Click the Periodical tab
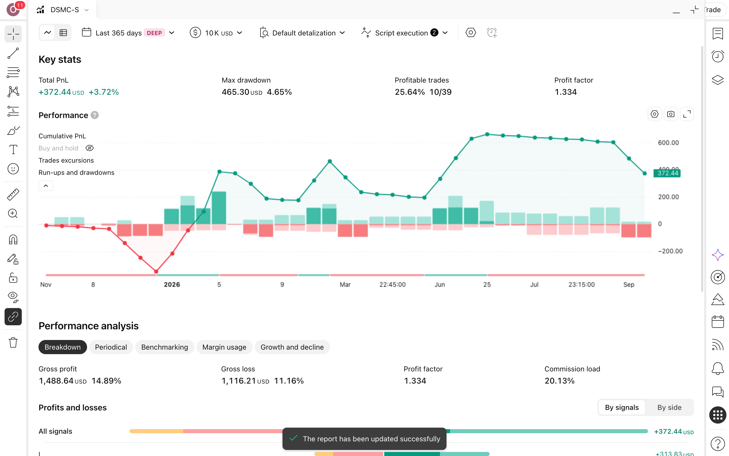[111, 347]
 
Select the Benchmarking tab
[165, 347]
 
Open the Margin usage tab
[224, 347]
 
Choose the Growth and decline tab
[292, 347]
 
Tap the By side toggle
[669, 407]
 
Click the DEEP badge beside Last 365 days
[154, 33]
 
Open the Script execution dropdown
[404, 33]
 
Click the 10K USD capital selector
[216, 33]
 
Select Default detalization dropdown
[302, 33]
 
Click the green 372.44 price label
[667, 173]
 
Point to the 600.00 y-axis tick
[668, 143]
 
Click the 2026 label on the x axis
[172, 284]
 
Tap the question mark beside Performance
[95, 115]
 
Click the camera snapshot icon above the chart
[671, 114]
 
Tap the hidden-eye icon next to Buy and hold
[89, 148]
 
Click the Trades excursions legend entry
[66, 160]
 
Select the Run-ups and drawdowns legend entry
[76, 173]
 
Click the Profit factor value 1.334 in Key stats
[565, 92]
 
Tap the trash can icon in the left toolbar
[13, 343]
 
